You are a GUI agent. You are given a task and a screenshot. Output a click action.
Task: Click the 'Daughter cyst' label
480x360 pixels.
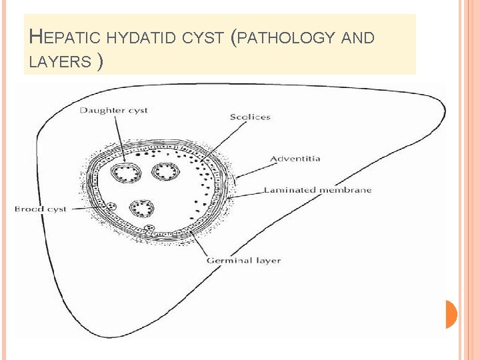[113, 110]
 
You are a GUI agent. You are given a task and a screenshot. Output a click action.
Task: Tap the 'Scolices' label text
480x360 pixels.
[250, 117]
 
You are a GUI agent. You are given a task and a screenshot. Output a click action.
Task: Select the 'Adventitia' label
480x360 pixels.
[295, 159]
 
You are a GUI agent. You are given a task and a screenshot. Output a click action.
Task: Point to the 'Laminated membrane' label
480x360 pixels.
[317, 190]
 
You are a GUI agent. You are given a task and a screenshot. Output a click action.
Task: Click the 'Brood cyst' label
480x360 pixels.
[41, 209]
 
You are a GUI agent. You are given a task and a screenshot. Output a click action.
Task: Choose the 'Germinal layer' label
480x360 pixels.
[243, 260]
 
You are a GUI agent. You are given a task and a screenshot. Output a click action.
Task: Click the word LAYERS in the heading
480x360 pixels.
[60, 62]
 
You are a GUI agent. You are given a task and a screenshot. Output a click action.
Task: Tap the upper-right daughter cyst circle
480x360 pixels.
[163, 173]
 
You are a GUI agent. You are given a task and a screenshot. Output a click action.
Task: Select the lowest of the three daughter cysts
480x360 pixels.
[142, 208]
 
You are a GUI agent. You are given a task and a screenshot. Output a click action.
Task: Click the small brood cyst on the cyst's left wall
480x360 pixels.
[112, 207]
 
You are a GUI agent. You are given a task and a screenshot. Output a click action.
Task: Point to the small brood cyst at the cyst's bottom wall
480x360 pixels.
[151, 229]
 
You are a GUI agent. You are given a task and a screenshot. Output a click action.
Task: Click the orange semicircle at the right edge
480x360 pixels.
[451, 314]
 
